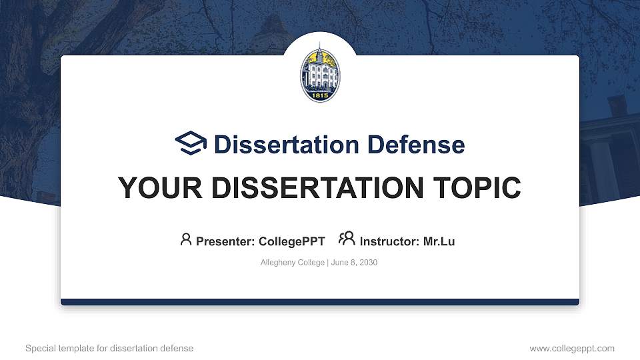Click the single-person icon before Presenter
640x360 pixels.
pyautogui.click(x=186, y=239)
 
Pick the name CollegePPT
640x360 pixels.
pyautogui.click(x=291, y=241)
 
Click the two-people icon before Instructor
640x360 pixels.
pyautogui.click(x=347, y=239)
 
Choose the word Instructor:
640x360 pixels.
pyautogui.click(x=389, y=241)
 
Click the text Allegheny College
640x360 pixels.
pyautogui.click(x=292, y=263)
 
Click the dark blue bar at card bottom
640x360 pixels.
pyautogui.click(x=320, y=302)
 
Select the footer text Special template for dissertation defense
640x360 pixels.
pyautogui.click(x=109, y=348)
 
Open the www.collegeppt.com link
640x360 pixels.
pyautogui.click(x=571, y=348)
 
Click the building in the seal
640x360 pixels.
pyautogui.click(x=320, y=70)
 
